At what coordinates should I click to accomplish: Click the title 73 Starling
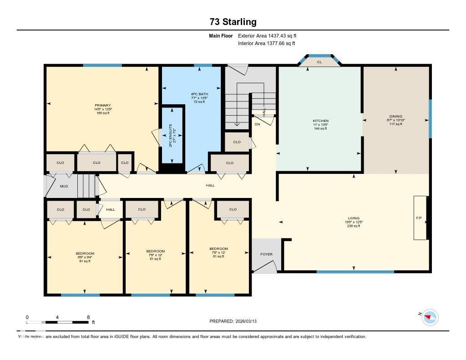pos(233,22)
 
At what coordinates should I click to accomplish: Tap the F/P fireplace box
pos(419,218)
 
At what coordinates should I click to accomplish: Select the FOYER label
pos(266,254)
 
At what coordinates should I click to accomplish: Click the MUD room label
pos(64,186)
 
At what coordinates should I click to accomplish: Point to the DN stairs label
pos(257,124)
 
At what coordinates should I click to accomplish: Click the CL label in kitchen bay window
pos(319,62)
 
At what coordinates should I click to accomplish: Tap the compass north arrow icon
pos(430,317)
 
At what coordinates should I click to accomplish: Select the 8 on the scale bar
pos(88,317)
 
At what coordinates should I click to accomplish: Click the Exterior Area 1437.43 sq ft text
pos(267,35)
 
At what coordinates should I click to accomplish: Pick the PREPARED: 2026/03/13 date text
pos(236,321)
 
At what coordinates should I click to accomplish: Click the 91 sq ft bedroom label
pos(85,261)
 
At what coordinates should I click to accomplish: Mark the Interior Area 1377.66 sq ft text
pos(266,44)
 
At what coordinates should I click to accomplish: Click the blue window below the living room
pos(355,272)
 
